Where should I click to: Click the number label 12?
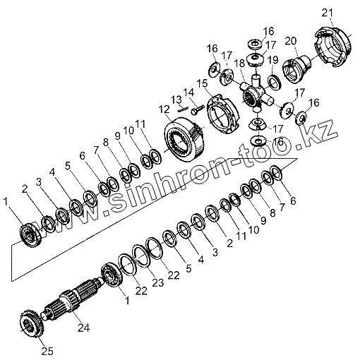coord(164,109)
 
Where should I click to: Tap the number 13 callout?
coord(176,100)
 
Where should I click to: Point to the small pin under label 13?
coord(183,109)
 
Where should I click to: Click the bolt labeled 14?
coord(196,110)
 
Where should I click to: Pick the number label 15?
coord(203,83)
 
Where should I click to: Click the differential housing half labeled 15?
coord(222,114)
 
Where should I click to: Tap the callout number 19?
coord(273,60)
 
